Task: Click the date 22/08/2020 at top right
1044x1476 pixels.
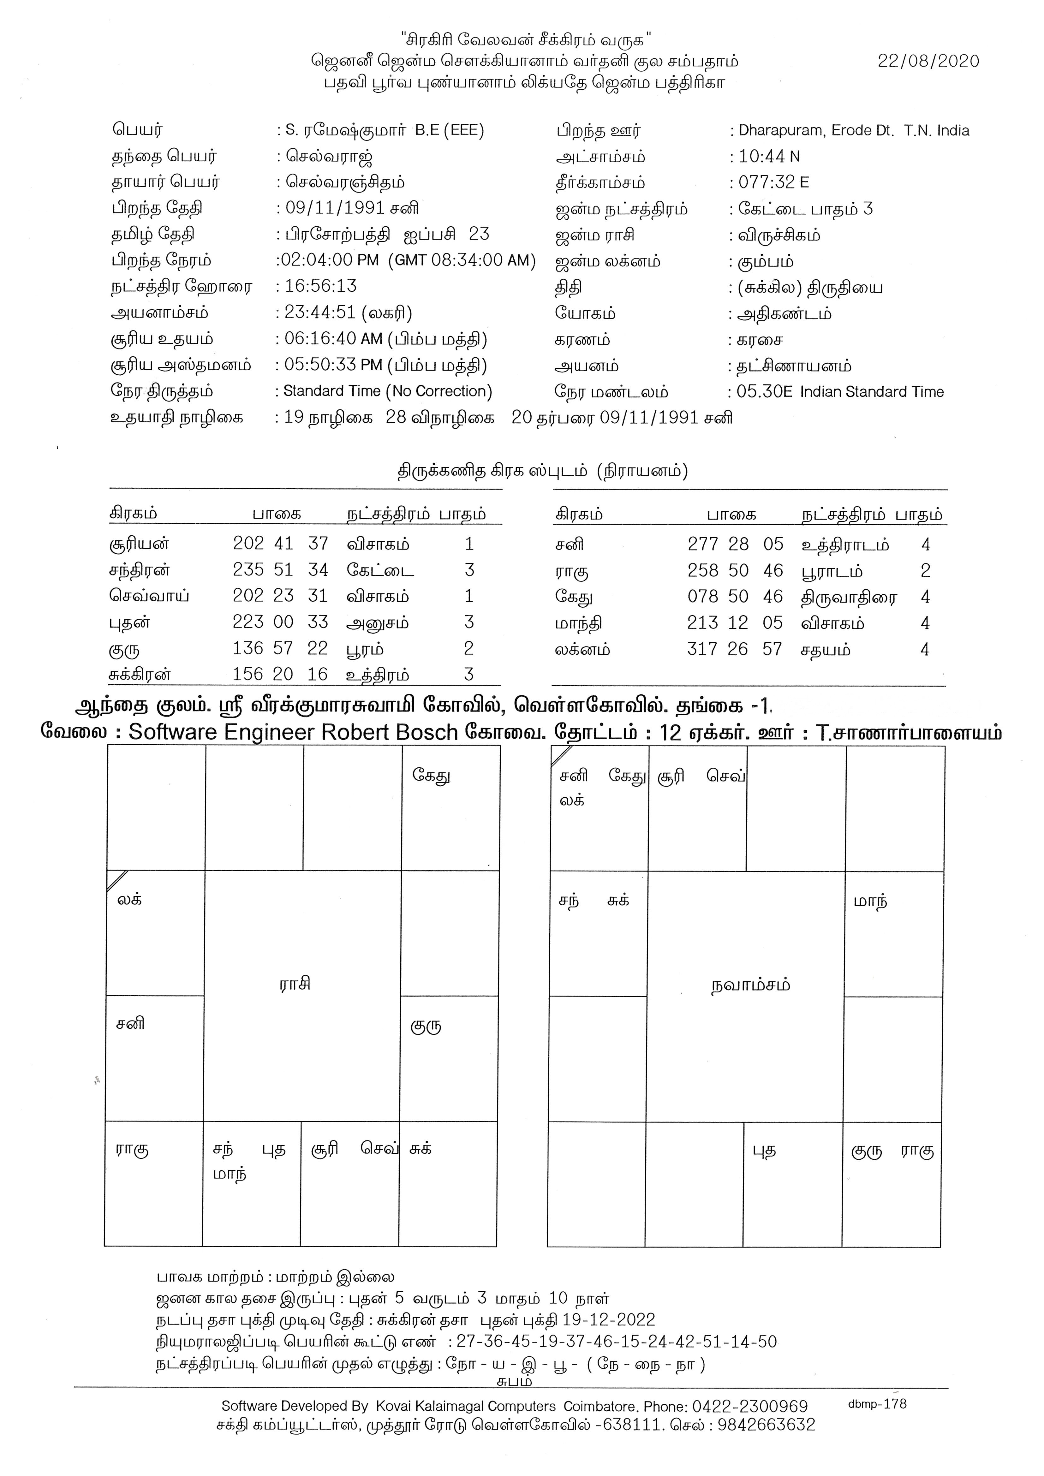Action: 928,61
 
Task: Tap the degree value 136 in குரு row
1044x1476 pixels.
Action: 248,648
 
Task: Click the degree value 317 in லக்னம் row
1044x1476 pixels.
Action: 702,649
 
